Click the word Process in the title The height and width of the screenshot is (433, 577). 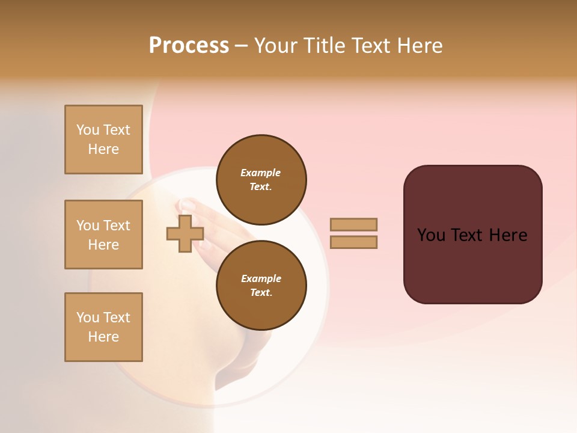tap(189, 45)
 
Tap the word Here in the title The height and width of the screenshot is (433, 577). tap(420, 45)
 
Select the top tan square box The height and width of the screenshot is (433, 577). tap(103, 140)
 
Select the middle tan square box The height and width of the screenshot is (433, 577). tap(103, 235)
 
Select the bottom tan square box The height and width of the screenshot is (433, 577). tap(103, 327)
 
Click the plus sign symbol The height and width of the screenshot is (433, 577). tap(185, 234)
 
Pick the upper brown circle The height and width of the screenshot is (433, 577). tap(261, 180)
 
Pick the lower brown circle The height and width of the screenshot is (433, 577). tap(261, 286)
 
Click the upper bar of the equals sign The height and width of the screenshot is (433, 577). tap(353, 224)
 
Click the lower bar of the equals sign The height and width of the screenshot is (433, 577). tap(353, 242)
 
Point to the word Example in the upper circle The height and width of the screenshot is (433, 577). tap(260, 173)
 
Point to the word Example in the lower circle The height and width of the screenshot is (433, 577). tap(261, 278)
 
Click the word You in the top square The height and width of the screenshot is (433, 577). tap(88, 130)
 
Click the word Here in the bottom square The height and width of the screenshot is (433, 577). tap(103, 337)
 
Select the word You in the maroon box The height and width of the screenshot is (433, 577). tap(431, 235)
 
